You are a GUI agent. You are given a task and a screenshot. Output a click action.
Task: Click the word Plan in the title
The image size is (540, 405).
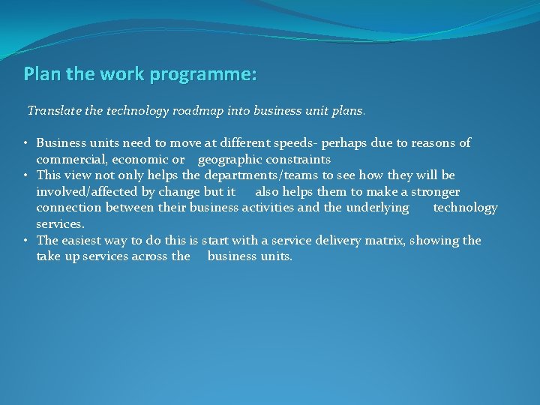(40, 74)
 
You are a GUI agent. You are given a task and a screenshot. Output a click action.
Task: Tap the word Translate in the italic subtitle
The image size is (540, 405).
(54, 110)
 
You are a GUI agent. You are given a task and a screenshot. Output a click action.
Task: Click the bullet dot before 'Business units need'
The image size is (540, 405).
(26, 142)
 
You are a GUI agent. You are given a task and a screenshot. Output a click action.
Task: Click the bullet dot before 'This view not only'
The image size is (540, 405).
(26, 175)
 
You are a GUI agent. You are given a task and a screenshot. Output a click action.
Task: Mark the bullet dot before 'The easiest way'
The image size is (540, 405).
(26, 241)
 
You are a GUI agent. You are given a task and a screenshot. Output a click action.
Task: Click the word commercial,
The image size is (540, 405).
(71, 159)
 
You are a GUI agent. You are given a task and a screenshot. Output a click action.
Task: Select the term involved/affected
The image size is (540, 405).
(85, 192)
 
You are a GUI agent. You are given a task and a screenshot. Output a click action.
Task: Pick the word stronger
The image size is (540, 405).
(434, 192)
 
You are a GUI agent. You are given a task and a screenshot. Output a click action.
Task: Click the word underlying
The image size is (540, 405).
(377, 208)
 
